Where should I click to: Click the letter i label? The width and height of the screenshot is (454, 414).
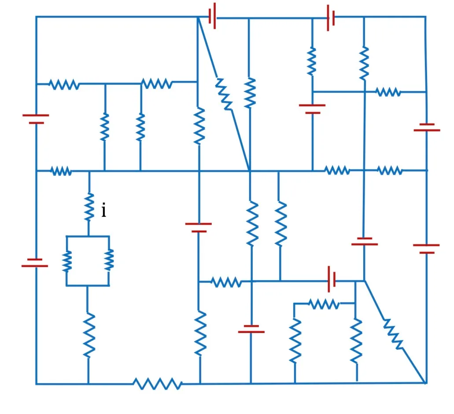103,210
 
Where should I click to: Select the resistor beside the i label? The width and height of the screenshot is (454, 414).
89,207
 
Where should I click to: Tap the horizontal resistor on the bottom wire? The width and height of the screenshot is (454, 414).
158,384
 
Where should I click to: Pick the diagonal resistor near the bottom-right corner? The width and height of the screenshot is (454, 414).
393,334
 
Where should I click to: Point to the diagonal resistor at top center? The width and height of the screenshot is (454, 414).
224,94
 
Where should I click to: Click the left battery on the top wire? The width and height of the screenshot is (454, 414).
212,16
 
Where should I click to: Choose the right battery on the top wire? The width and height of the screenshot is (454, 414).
331,18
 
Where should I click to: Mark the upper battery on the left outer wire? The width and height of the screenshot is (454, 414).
36,119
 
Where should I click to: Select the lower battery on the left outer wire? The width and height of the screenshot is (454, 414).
35,263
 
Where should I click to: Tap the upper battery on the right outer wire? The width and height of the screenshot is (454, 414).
427,127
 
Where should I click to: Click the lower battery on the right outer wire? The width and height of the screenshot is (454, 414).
426,249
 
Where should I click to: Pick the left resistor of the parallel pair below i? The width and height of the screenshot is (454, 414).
67,261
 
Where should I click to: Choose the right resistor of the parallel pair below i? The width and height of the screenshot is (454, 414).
109,260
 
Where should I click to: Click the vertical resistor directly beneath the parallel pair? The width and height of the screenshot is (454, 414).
89,335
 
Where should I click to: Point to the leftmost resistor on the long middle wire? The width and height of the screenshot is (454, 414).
61,171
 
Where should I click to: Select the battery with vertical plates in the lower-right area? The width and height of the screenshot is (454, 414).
332,279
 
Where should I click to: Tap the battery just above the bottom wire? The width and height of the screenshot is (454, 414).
251,329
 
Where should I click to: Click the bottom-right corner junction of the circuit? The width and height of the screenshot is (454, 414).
426,383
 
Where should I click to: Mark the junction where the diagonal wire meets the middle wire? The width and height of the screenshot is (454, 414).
250,171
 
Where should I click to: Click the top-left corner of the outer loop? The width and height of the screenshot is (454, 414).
36,17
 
